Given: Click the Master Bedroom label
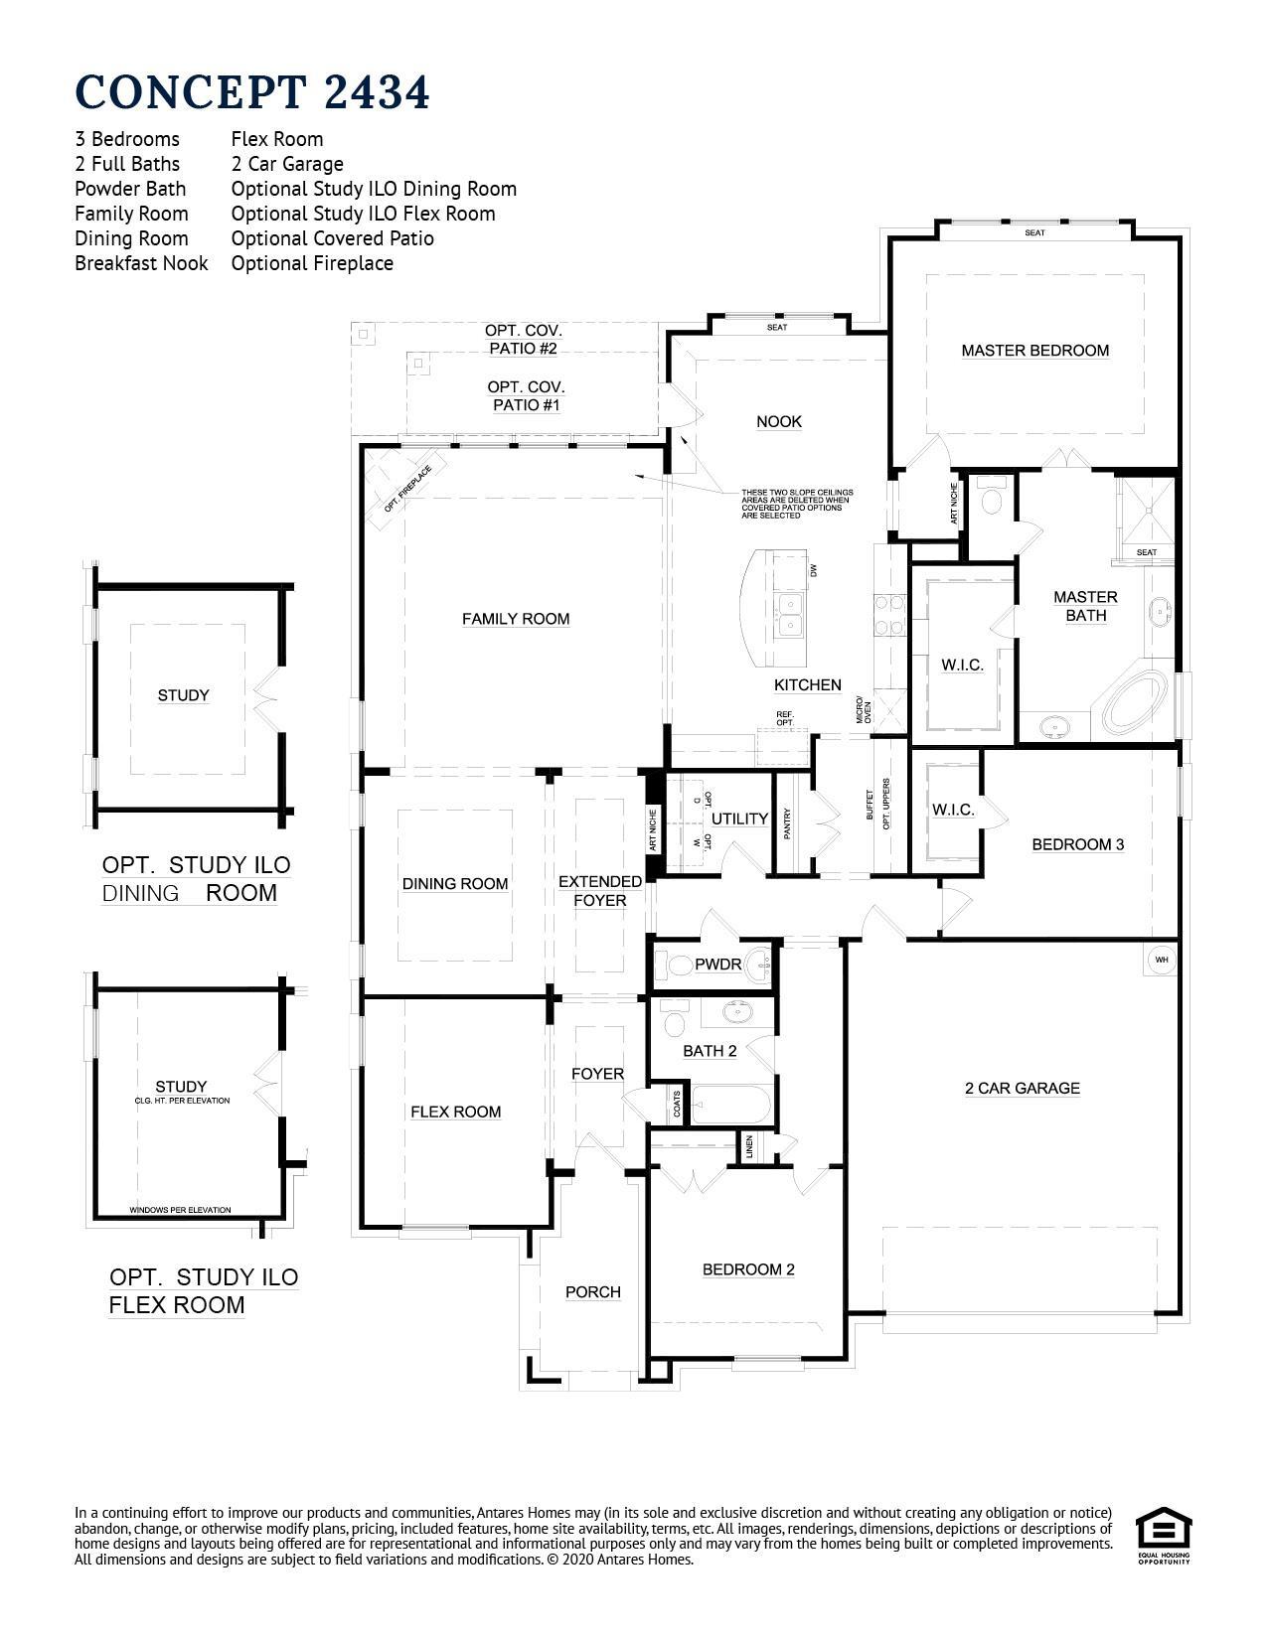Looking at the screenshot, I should click(x=1034, y=351).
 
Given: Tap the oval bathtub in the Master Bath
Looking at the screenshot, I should click(x=1135, y=700).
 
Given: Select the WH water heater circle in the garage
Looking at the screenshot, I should click(x=1162, y=960).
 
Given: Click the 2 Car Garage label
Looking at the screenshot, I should click(x=1022, y=1089).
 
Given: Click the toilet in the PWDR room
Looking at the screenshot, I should click(x=679, y=965).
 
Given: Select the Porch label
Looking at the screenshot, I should click(x=593, y=1292).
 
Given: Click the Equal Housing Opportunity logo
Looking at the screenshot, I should click(x=1164, y=1535).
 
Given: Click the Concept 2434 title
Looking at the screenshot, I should click(x=252, y=91).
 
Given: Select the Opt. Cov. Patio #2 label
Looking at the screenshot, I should click(x=523, y=340).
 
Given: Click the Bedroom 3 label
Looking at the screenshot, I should click(x=1077, y=845).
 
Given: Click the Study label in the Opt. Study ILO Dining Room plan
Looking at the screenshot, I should click(x=184, y=695).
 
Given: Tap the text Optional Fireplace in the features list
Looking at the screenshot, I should click(x=312, y=263).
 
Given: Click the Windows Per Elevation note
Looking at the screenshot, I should click(x=180, y=1210).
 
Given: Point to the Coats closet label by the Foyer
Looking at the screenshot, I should click(x=677, y=1105).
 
